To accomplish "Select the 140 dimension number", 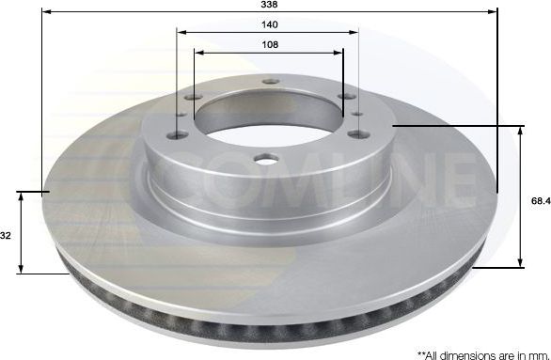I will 271,23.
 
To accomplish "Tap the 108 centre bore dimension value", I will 270,43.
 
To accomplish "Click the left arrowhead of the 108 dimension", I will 198,53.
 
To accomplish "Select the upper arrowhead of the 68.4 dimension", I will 519,130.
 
